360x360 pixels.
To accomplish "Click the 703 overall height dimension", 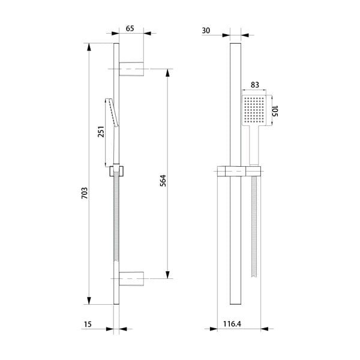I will [x=85, y=193].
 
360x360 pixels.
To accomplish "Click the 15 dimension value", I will [x=87, y=325].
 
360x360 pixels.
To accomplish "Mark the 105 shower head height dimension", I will [x=277, y=111].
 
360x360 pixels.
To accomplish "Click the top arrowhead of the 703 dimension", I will [x=90, y=47].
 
